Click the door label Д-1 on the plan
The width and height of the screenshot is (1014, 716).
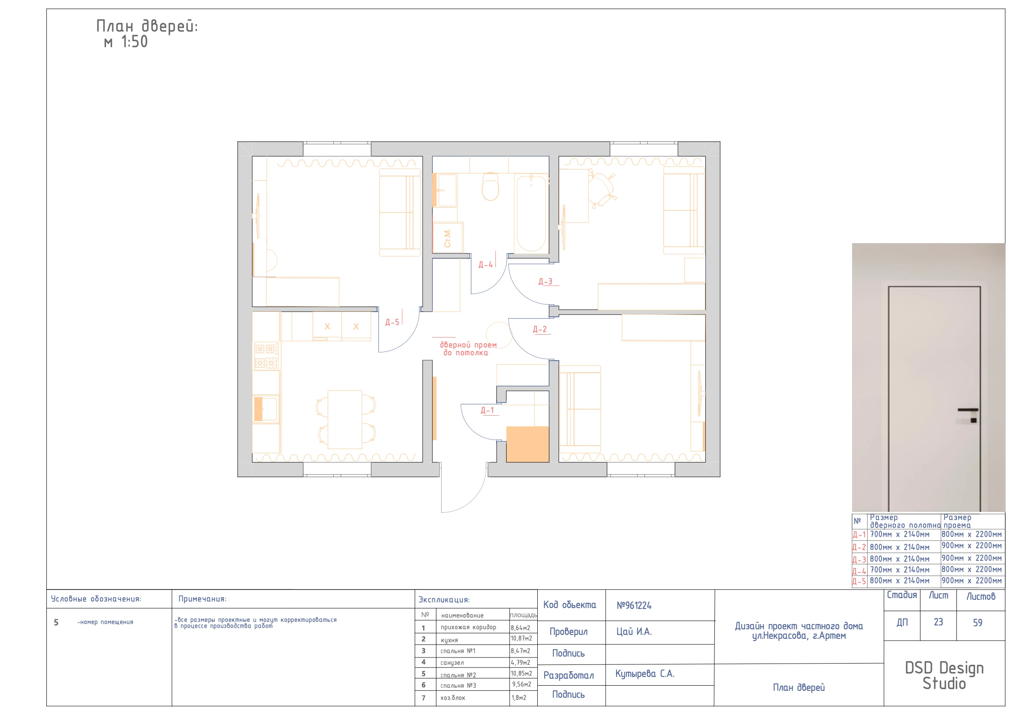[x=487, y=410]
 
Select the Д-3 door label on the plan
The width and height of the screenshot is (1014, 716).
[x=546, y=282]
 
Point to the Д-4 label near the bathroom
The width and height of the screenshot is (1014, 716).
[x=486, y=265]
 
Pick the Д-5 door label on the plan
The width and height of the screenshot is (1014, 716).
[x=392, y=322]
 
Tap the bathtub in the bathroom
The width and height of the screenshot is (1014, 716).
[x=531, y=213]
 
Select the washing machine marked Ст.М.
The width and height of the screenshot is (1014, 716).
[x=448, y=238]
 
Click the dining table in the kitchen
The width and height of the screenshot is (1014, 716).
[x=345, y=420]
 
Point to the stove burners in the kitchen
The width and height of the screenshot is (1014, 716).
[x=266, y=356]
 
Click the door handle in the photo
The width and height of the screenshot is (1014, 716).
[x=968, y=410]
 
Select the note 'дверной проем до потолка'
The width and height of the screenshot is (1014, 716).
[x=468, y=349]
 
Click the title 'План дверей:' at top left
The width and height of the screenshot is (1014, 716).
[x=147, y=26]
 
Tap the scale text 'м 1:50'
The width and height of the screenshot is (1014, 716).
[x=126, y=42]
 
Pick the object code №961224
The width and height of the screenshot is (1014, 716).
[x=634, y=605]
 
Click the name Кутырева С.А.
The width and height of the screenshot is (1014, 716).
[x=645, y=674]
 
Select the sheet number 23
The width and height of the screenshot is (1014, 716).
[x=938, y=622]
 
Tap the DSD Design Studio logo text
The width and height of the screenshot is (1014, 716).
[x=944, y=676]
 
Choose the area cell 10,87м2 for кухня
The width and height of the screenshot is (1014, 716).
[x=522, y=639]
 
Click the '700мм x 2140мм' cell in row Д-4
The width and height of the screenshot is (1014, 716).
[x=900, y=570]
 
